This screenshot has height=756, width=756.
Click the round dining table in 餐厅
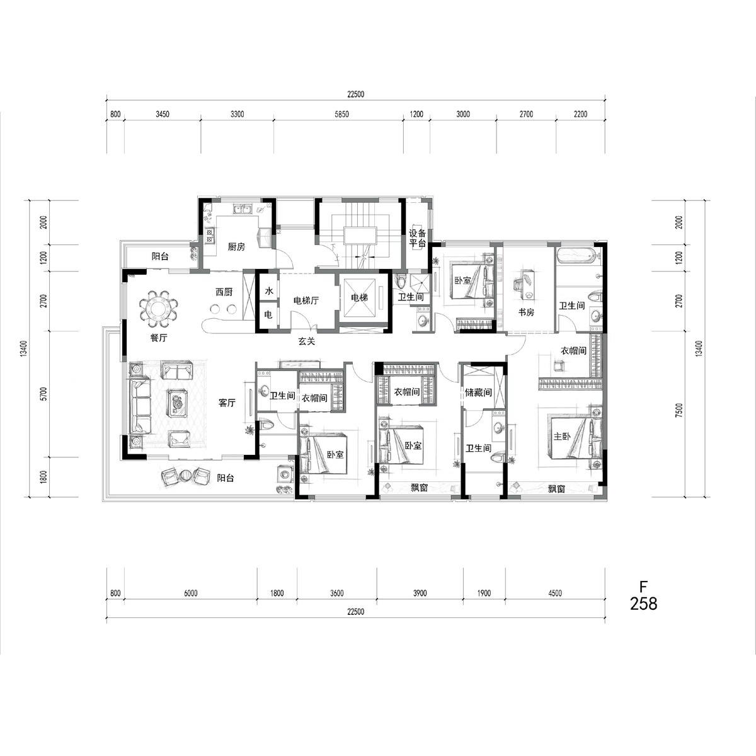pos(159,308)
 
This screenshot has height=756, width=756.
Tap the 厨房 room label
pos(237,247)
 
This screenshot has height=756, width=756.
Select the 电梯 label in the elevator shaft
pos(359,298)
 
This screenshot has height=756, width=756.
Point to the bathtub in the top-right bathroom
pos(576,255)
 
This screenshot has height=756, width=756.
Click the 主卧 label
pos(562,436)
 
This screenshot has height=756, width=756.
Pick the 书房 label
pos(525,312)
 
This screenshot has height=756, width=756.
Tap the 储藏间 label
pos(478,392)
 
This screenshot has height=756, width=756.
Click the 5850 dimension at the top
pos(341,114)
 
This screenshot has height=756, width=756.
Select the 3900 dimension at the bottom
pos(420,593)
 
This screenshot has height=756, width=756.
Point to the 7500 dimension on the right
pos(679,410)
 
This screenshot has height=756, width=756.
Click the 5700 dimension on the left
pos(43,394)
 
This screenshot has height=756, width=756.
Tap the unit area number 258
pos(643,604)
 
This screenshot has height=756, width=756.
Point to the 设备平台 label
pos(417,238)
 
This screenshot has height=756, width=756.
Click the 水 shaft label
pos(269,290)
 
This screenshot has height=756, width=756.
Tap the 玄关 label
pos(306,341)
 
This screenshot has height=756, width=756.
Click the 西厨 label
pos(224,292)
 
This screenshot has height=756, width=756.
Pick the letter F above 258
pos(643,587)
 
